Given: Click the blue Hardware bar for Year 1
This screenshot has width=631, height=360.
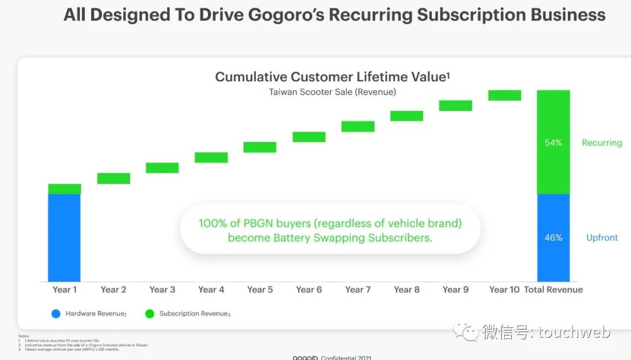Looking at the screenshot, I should pos(64,237).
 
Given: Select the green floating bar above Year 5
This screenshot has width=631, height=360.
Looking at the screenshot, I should pos(259,147).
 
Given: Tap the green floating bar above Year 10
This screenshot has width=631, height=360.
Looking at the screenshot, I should pos(504,95).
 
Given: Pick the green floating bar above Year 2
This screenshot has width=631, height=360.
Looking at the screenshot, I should pos(113,178).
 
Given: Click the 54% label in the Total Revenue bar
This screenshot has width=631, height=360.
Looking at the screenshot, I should pos(553,143).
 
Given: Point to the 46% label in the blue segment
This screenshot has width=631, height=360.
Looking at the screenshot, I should pos(553,238).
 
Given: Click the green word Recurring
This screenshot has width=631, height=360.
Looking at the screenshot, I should pos(602,143).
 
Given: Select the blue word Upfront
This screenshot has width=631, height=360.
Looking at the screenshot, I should pos(602,238).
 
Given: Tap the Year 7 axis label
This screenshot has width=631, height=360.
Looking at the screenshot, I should pos(358,290).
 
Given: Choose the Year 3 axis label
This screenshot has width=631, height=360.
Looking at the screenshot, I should pos(162,290).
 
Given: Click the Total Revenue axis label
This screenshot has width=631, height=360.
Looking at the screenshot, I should pos(553,290).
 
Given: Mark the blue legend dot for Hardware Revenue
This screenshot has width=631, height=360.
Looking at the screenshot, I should pos(56,314).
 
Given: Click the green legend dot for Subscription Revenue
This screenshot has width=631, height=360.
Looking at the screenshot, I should pos(150,314).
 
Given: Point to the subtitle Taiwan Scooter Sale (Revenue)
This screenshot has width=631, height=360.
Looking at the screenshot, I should pos(332,92).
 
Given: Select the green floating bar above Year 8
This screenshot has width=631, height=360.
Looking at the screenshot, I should pos(407,116).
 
